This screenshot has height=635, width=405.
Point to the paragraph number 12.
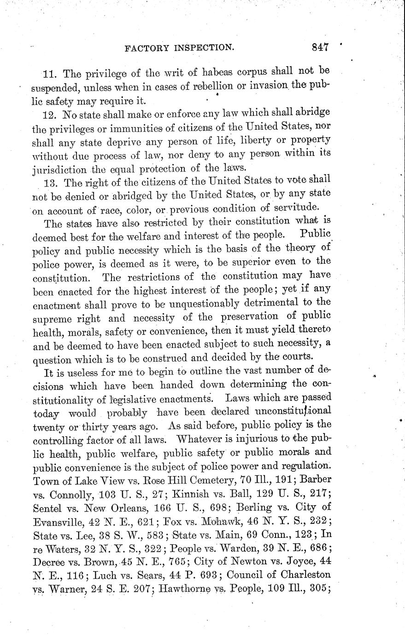tap(49, 113)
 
